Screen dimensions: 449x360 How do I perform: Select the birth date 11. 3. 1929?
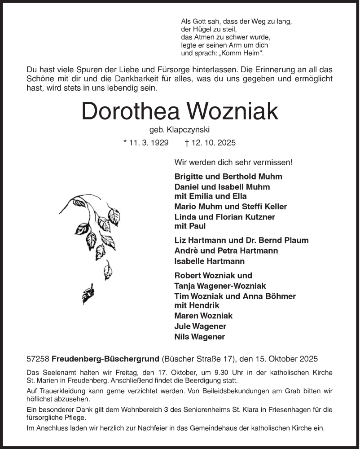146,143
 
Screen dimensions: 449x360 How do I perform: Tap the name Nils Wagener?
199,336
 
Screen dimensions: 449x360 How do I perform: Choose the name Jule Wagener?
200,326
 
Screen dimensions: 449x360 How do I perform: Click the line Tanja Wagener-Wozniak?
220,286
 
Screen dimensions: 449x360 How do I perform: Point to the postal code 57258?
38,359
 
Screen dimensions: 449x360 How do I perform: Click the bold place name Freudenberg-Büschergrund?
105,359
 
